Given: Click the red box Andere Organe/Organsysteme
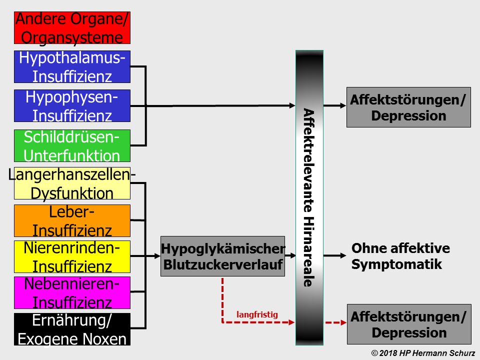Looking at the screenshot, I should click(72, 28).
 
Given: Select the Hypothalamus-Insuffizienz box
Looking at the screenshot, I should click(72, 66).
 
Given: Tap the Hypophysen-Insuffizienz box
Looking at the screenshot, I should click(72, 106).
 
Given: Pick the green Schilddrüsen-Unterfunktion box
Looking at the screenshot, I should click(72, 145).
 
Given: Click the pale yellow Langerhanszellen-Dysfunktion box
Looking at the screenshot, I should click(72, 183).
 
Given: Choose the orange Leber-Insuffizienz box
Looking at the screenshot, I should click(72, 220).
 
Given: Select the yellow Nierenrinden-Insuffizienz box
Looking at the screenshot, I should click(72, 256).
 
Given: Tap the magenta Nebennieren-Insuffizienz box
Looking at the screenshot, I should click(72, 292).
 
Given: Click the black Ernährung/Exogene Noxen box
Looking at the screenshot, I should click(72, 329).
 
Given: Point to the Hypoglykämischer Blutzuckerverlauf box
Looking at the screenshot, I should click(222, 256).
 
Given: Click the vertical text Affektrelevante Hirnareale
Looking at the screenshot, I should click(308, 197).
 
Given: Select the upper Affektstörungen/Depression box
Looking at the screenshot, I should click(408, 107).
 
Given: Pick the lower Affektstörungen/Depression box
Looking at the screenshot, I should click(409, 324).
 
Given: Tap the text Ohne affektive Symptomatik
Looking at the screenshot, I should click(400, 256).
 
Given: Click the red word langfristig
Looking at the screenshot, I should click(256, 314).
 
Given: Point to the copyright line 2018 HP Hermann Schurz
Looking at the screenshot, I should click(423, 353).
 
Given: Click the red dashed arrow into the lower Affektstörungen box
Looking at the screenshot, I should click(335, 322).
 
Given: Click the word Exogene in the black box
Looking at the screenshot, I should click(45, 339).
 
